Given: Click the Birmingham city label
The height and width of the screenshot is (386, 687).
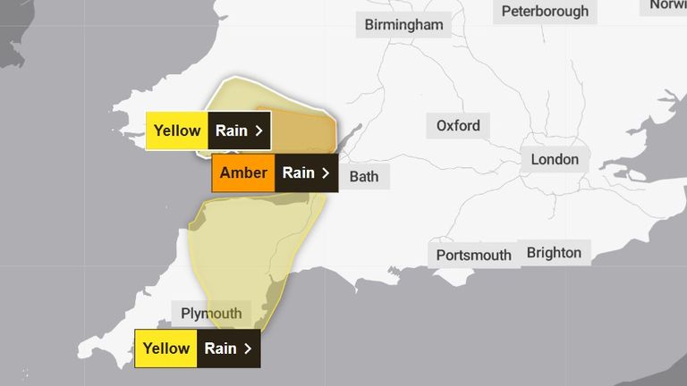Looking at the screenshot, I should coord(403,24).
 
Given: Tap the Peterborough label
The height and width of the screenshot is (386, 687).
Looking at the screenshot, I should coord(545,12).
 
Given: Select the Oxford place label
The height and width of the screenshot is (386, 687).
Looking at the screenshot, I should coord(458,126).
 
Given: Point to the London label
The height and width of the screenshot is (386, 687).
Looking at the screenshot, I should coord(555,160).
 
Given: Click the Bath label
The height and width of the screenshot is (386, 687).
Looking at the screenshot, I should coord(363,176).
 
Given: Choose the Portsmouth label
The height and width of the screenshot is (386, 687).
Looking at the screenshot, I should coord(474,256).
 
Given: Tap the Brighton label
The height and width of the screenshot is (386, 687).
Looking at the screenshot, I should coord(554,253).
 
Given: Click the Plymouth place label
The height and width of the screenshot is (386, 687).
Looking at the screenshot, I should coord(211,314).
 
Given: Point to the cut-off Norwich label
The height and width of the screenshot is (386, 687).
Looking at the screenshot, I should coord(667,5).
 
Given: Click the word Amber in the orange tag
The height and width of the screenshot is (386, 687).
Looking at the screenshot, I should coord(243,173).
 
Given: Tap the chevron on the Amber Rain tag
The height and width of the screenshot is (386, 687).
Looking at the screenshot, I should coord(326,173).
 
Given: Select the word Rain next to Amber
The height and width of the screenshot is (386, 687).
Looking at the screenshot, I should coord(299,173).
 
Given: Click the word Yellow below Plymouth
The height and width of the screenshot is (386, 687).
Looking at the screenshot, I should coord(165,348).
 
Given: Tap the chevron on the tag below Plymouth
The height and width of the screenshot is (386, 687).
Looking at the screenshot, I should coord(247,348).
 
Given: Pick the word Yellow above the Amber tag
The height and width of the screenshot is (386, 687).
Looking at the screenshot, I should coord(177,130).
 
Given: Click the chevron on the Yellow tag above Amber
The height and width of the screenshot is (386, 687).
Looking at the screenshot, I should coord(259,130).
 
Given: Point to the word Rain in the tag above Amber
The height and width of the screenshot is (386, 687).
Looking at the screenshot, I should coord(232,130).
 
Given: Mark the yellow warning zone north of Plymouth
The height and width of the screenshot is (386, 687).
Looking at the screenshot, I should coord(250,241).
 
